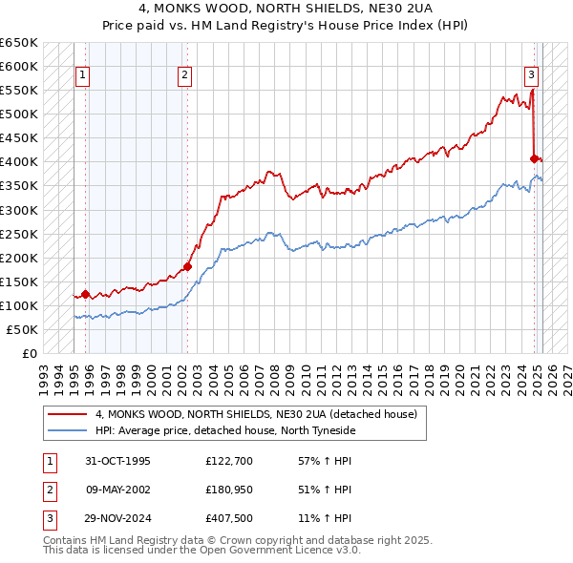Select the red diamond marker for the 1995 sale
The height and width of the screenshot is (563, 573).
(x=86, y=295)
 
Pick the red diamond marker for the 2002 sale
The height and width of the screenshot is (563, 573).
(x=187, y=267)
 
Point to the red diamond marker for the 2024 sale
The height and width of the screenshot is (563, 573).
(x=535, y=158)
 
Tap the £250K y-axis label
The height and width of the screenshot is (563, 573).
(x=20, y=234)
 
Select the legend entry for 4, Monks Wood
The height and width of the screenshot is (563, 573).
(x=256, y=415)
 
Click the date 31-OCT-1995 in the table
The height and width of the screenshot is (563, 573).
(x=118, y=462)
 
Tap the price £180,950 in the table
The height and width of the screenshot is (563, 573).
(x=230, y=490)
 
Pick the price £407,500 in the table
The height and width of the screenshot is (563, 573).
(x=230, y=518)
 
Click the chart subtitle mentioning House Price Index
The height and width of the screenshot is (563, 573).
(x=286, y=23)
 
